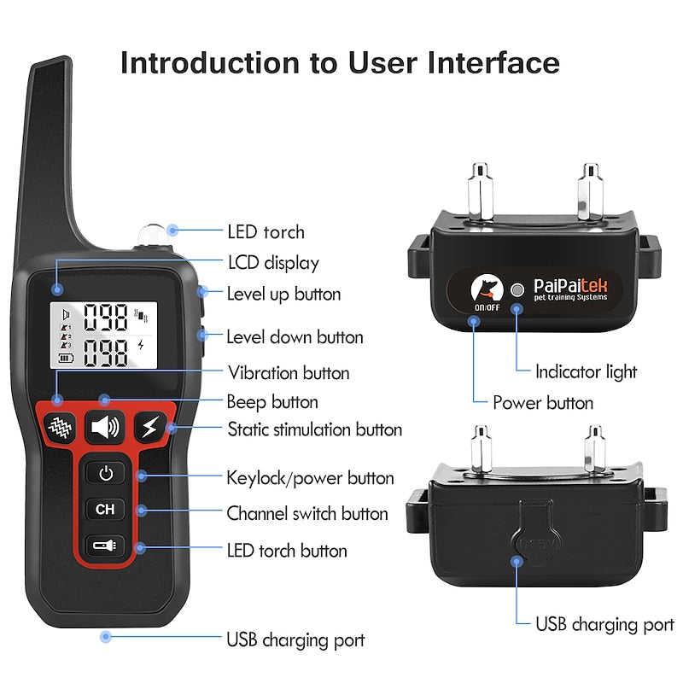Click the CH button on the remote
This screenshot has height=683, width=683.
pyautogui.click(x=105, y=510)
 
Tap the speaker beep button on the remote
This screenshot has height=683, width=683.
pyautogui.click(x=105, y=427)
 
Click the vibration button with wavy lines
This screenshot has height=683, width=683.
pyautogui.click(x=60, y=426)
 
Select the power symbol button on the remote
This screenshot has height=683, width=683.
pyautogui.click(x=105, y=472)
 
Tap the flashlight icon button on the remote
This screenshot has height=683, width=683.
pyautogui.click(x=105, y=546)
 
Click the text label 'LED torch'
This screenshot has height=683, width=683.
pyautogui.click(x=266, y=231)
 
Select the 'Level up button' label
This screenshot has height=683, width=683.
pyautogui.click(x=283, y=295)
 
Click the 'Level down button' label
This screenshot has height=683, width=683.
pyautogui.click(x=295, y=337)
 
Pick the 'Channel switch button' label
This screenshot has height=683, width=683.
pyautogui.click(x=306, y=514)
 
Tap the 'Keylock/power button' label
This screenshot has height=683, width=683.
pyautogui.click(x=310, y=478)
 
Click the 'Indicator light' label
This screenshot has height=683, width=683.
pyautogui.click(x=586, y=371)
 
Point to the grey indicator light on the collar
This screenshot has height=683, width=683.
pyautogui.click(x=516, y=289)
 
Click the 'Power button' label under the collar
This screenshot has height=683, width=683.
pyautogui.click(x=543, y=402)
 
